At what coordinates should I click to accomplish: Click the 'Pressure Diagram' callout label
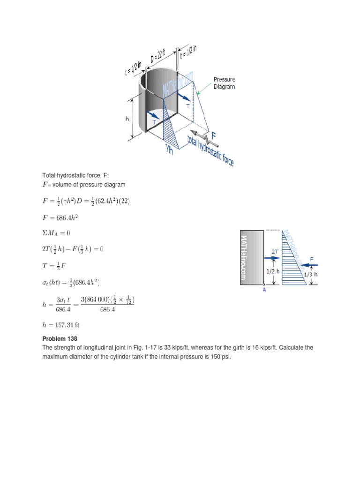[x=224, y=83]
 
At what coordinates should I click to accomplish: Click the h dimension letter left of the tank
[x=127, y=119]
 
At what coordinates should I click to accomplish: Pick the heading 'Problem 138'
[x=60, y=338]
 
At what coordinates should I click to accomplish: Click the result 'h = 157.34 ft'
[x=64, y=324]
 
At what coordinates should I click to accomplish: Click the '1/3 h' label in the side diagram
[x=310, y=275]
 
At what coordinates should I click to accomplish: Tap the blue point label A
[x=264, y=290]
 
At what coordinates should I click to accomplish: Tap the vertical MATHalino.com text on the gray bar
[x=243, y=257]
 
